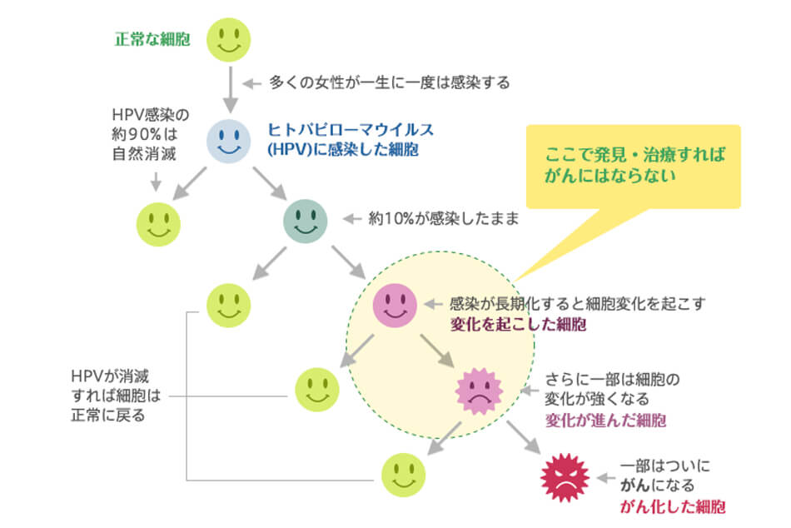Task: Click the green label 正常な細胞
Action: (152, 38)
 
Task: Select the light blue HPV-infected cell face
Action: (228, 142)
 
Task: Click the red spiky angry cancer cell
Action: (565, 478)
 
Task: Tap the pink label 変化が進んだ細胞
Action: (605, 420)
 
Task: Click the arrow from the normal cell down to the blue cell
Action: (228, 89)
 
